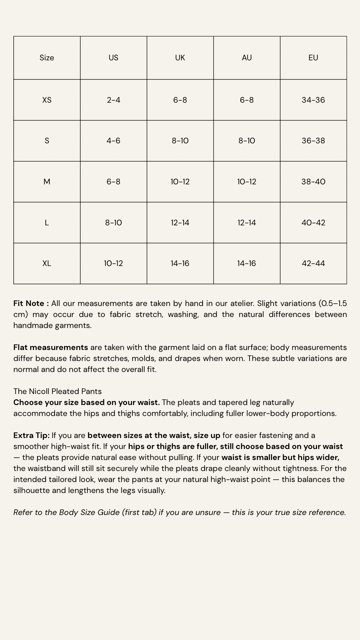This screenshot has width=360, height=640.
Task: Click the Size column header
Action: (47, 58)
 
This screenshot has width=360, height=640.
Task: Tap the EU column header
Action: (313, 58)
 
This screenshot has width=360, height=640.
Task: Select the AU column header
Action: (247, 58)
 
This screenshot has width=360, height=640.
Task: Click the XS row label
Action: (47, 100)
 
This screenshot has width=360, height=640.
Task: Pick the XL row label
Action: (47, 263)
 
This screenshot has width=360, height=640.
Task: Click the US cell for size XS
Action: (113, 100)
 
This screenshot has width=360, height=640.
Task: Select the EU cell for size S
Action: (313, 141)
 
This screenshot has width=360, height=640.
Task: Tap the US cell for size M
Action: (113, 182)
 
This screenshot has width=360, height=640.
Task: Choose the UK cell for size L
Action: (180, 223)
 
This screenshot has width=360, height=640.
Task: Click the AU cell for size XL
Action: (247, 263)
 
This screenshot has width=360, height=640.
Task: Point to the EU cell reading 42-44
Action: (313, 263)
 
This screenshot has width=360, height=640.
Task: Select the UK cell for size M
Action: (180, 182)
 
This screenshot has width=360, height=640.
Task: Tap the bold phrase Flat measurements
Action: (51, 347)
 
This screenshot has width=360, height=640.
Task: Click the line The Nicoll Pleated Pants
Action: (57, 391)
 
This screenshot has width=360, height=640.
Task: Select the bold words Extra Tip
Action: (31, 435)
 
